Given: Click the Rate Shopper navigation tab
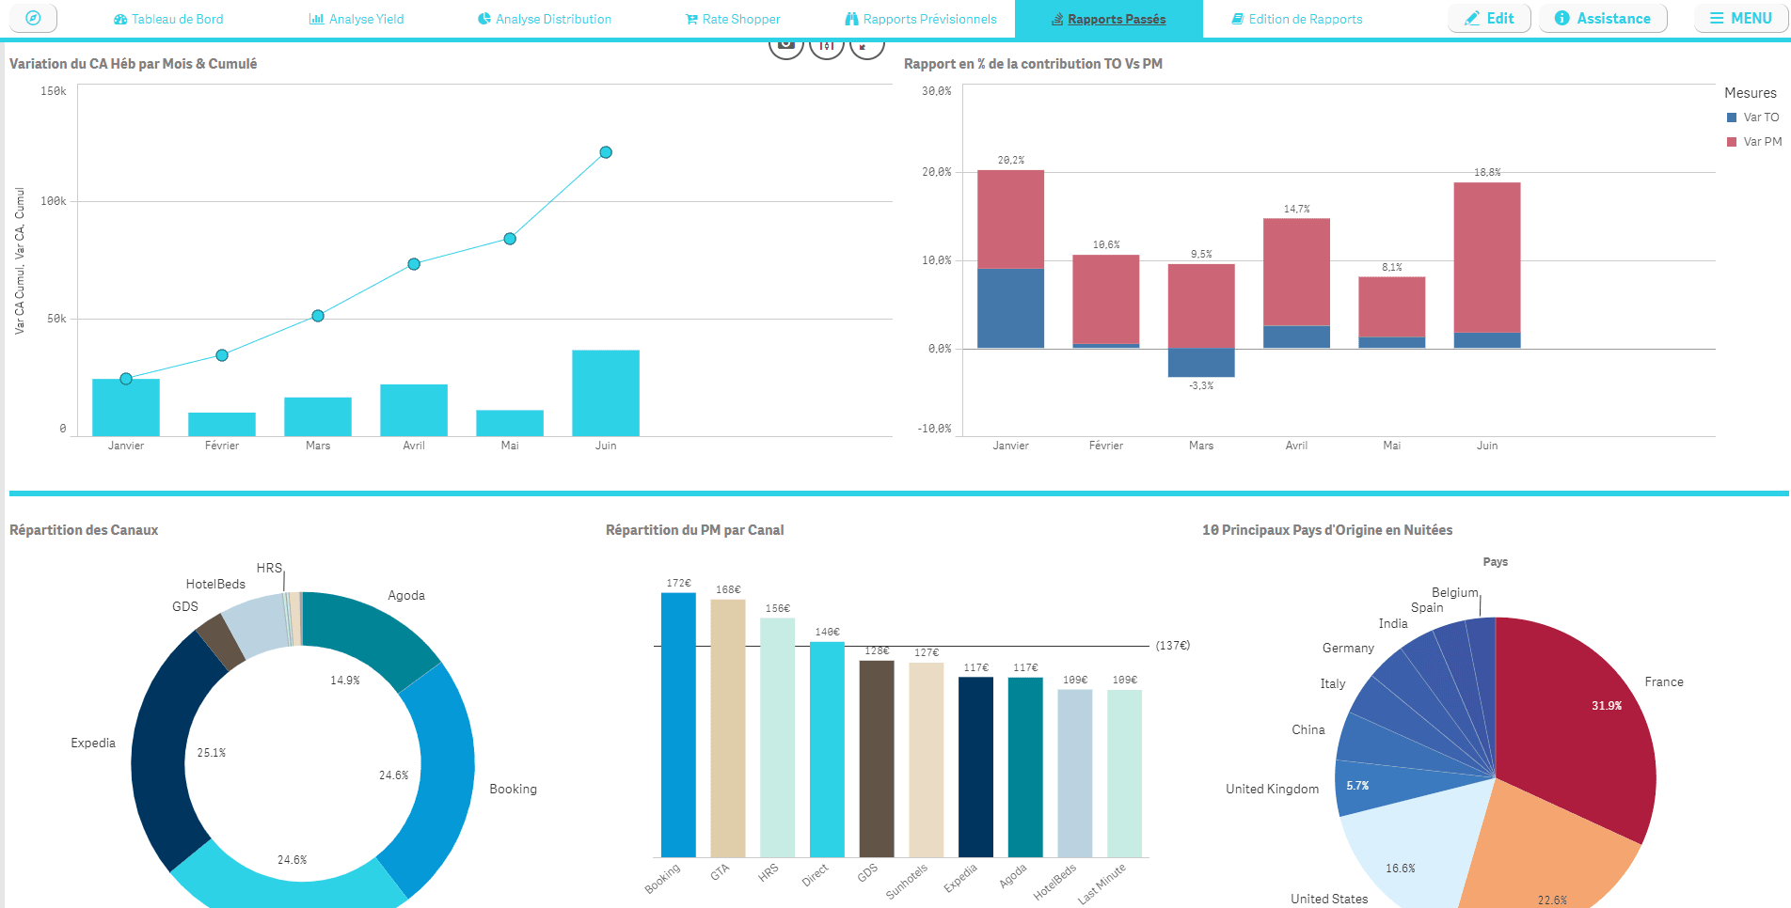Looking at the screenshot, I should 733,19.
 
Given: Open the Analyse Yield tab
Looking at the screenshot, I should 357,19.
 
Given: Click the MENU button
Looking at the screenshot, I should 1740,19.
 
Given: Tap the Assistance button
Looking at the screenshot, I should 1603,19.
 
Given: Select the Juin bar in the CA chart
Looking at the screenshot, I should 606,393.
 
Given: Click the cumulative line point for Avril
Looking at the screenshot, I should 414,264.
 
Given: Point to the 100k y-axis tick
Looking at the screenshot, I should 54,201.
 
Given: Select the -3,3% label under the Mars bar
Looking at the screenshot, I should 1201,385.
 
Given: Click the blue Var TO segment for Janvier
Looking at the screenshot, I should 1010,308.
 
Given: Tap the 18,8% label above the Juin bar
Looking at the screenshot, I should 1487,173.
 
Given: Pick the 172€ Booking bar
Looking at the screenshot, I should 678,724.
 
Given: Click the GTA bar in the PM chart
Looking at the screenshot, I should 727,728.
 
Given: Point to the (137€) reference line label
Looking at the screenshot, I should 1172,646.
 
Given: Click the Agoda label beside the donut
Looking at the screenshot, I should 406,596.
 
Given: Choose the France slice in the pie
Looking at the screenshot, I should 1580,724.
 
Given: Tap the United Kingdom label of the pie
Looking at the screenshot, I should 1272,790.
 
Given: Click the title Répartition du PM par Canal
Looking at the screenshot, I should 694,530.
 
